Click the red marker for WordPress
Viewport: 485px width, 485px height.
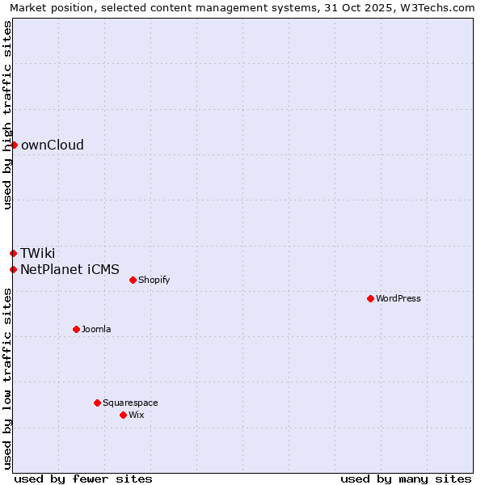coord(370,298)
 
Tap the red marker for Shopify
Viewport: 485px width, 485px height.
coord(133,280)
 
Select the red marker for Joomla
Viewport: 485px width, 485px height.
coord(76,329)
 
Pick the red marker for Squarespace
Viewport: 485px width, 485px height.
coord(97,403)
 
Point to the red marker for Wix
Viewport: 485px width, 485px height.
coord(123,415)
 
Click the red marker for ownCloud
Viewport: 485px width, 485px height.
coord(14,145)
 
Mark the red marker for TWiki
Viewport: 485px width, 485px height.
coord(13,253)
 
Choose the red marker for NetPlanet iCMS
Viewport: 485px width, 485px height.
coord(13,269)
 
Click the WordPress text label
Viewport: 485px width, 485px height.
coord(399,298)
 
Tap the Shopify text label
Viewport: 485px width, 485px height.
coord(154,280)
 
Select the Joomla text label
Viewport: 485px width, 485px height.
coord(96,329)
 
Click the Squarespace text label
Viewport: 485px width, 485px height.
coord(130,403)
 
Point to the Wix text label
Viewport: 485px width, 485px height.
coord(136,415)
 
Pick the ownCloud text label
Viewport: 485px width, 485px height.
coord(53,145)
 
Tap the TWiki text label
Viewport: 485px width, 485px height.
coord(38,253)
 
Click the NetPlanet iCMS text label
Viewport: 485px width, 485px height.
coord(70,269)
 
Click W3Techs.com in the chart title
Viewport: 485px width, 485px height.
coord(436,7)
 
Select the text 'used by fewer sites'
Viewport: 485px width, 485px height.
coord(83,479)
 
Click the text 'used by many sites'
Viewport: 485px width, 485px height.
coord(406,479)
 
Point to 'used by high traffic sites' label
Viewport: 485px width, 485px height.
coord(7,115)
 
